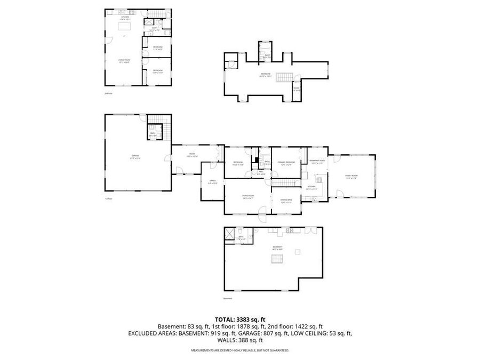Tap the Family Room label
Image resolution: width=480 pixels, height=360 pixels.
[x=351, y=176]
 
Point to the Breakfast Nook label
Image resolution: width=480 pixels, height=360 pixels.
[x=317, y=162]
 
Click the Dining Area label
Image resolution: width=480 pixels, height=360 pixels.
[x=286, y=201]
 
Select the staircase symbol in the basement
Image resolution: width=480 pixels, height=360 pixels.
[x=276, y=260]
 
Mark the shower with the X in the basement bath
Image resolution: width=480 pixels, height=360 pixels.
[x=230, y=234]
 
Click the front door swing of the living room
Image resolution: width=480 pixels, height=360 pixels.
[x=262, y=216]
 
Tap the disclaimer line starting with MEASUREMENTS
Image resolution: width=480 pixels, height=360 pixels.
[x=240, y=350]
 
